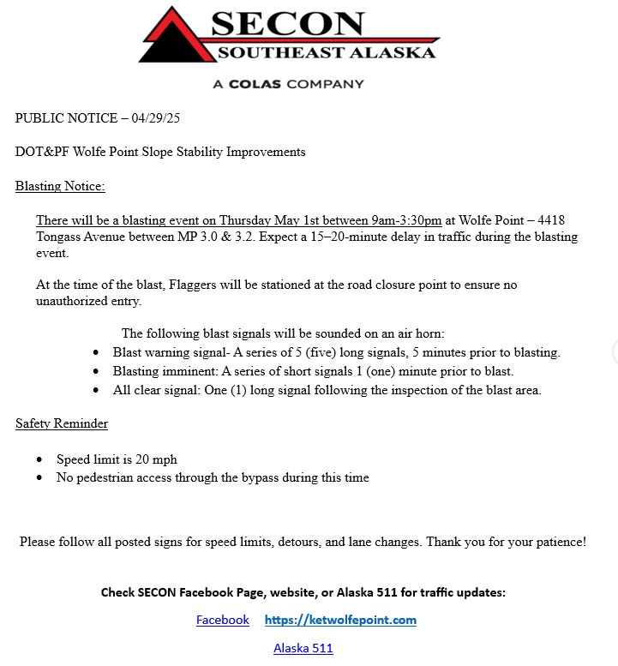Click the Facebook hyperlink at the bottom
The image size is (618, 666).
click(222, 620)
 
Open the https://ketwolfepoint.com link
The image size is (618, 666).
click(340, 620)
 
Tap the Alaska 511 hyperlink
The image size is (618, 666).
click(303, 648)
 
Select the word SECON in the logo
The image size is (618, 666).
click(287, 24)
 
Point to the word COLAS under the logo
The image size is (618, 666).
click(256, 84)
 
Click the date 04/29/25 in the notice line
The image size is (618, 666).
click(162, 117)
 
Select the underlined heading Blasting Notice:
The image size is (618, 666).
click(60, 186)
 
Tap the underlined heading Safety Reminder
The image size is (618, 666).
click(62, 423)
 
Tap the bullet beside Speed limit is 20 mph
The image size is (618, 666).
click(39, 460)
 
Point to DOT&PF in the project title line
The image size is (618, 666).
click(40, 152)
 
